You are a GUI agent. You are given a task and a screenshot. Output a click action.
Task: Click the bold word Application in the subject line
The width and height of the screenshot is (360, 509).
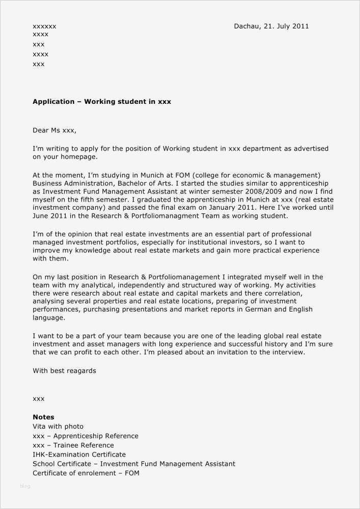pyautogui.click(x=53, y=102)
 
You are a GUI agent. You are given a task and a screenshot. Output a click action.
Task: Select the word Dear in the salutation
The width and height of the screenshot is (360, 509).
pyautogui.click(x=41, y=130)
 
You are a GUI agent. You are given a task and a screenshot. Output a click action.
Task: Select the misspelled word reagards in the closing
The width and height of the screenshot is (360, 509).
pyautogui.click(x=81, y=371)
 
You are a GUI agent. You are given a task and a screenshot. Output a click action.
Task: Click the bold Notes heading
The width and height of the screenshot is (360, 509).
pyautogui.click(x=43, y=417)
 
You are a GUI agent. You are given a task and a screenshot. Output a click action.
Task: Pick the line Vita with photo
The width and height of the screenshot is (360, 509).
pyautogui.click(x=58, y=427)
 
